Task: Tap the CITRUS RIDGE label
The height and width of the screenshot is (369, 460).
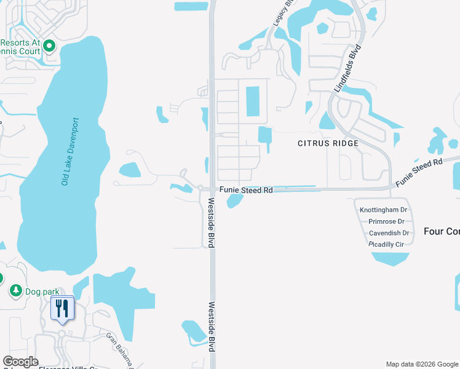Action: tap(328, 143)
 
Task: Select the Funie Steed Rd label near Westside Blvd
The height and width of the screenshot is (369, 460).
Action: tap(246, 191)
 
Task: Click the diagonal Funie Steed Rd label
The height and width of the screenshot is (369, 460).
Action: tap(419, 172)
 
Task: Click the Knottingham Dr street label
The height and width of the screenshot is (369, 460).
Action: tap(384, 210)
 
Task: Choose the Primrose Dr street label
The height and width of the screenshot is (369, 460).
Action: tap(386, 221)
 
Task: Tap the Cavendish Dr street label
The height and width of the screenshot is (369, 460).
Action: tap(389, 233)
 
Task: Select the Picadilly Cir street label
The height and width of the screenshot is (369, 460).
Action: tap(386, 244)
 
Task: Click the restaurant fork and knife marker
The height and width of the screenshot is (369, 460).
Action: tap(61, 307)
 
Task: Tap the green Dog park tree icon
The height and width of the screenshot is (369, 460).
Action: tap(15, 290)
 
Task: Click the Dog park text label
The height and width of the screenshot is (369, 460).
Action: tap(38, 290)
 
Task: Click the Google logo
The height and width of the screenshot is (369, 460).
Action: tap(21, 362)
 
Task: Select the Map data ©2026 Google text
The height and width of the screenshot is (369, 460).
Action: tap(422, 364)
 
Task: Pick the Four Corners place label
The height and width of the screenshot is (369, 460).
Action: tap(442, 231)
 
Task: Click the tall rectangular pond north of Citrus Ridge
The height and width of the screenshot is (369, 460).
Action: tap(252, 101)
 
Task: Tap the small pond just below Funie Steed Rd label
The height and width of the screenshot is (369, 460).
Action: tap(234, 201)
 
